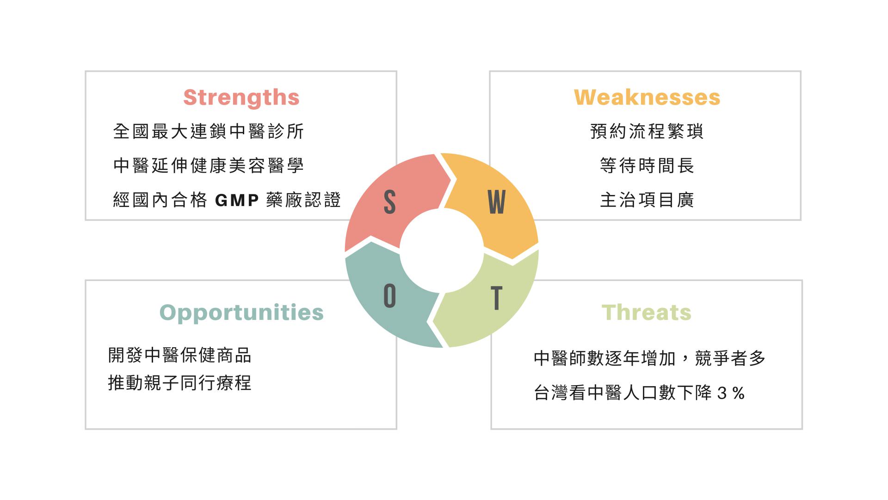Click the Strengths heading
[x=241, y=98]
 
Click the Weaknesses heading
[x=647, y=98]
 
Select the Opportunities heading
[x=241, y=312]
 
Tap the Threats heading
[x=646, y=312]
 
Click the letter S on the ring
[x=389, y=202]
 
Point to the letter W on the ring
[x=496, y=202]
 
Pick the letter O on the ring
[x=389, y=296]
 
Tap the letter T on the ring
[x=496, y=298]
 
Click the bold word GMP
[x=237, y=200]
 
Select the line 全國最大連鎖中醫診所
[x=208, y=131]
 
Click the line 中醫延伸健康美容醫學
[x=208, y=166]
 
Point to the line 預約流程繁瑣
[x=647, y=131]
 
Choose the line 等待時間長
[x=647, y=166]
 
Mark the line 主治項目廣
[x=647, y=200]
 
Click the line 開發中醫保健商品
[x=179, y=356]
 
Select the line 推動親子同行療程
[x=179, y=383]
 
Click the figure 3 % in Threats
[x=731, y=394]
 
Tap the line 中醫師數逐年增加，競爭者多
[x=649, y=358]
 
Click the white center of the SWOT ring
[x=442, y=250]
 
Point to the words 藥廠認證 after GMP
[x=303, y=200]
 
